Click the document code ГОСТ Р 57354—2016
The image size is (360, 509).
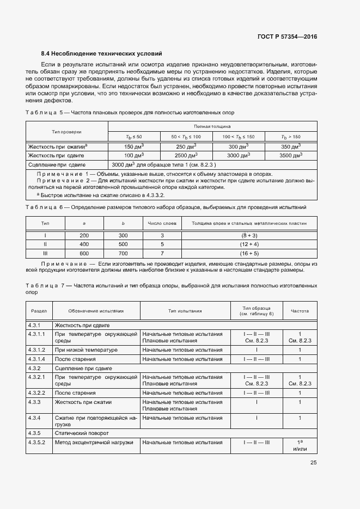tap(286, 36)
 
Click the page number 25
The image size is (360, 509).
tap(313, 463)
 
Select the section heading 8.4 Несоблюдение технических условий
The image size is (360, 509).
tap(101, 54)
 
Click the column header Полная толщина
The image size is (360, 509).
tap(212, 126)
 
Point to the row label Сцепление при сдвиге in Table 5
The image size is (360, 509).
tap(61, 164)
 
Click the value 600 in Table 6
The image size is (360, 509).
tap(84, 253)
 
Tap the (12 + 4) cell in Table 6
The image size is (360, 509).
tap(249, 244)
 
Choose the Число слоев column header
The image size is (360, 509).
tap(162, 223)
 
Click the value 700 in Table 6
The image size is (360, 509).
tap(123, 253)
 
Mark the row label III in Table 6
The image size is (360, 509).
tap(45, 253)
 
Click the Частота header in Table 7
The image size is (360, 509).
tap(300, 311)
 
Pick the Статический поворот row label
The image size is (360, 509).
tap(82, 433)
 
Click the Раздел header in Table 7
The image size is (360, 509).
tap(39, 311)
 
